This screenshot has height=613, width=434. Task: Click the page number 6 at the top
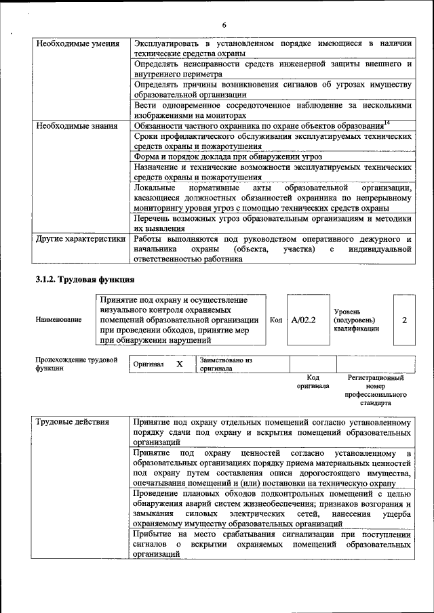[223, 25]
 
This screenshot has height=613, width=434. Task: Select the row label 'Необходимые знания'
[75, 126]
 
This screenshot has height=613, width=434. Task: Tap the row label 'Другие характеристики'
[81, 239]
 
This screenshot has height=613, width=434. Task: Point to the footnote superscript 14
[387, 123]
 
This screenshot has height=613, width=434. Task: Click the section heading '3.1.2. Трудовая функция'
[85, 279]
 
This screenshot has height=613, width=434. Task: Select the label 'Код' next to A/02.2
[276, 320]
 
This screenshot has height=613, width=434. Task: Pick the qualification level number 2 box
[404, 320]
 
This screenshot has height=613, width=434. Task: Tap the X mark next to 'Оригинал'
[180, 364]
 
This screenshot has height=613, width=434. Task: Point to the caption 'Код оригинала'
[313, 381]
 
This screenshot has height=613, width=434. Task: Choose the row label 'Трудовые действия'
[73, 423]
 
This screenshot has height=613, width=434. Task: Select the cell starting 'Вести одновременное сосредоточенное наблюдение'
[272, 110]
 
